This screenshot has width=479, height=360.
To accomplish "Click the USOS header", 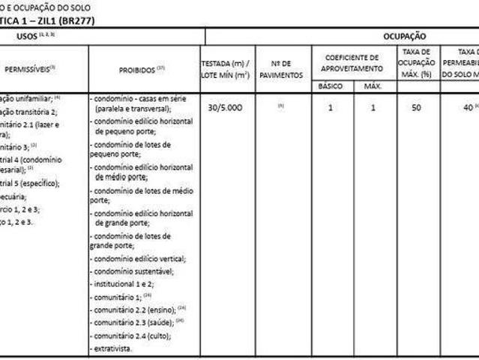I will tap(35, 35).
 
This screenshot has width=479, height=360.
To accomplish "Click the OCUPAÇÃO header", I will tap(404, 35).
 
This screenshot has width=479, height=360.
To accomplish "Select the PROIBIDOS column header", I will tap(142, 69).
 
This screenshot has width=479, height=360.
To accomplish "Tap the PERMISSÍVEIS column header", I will tap(30, 69).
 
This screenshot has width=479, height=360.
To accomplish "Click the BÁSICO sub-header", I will tap(331, 86).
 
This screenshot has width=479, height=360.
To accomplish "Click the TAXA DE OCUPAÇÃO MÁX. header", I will tap(416, 63).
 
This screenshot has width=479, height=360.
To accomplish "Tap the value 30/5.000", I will tap(224, 107).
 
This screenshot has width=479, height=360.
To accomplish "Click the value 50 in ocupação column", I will tap(416, 107).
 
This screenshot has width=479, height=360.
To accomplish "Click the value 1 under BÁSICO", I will tap(331, 107).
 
